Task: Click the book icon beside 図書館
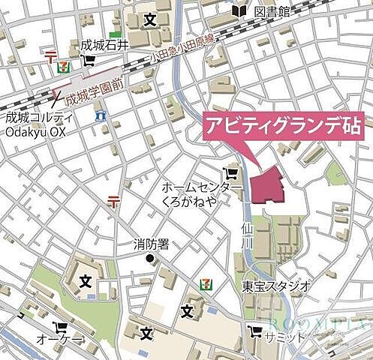tap(240, 11)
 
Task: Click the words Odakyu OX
tap(37, 133)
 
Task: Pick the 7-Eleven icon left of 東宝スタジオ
tap(204, 284)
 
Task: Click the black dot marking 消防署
tap(149, 259)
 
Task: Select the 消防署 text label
tap(152, 244)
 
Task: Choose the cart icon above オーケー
tap(60, 328)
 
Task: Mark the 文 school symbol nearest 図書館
tap(148, 18)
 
